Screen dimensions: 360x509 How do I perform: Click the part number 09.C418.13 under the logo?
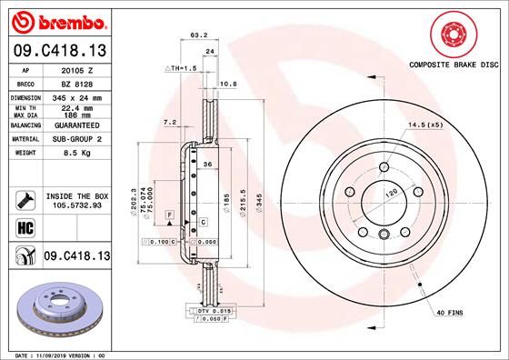[x=58, y=48]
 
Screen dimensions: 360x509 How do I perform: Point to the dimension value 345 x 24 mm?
[x=76, y=95]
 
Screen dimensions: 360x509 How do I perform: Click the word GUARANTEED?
[x=76, y=126]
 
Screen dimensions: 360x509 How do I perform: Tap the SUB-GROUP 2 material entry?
[x=76, y=140]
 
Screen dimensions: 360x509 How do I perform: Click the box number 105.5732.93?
[x=76, y=205]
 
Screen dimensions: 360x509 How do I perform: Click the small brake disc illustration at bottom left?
[x=57, y=310]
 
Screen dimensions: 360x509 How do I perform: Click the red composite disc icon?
[x=454, y=35]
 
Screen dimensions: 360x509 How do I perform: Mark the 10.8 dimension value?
[x=230, y=83]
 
